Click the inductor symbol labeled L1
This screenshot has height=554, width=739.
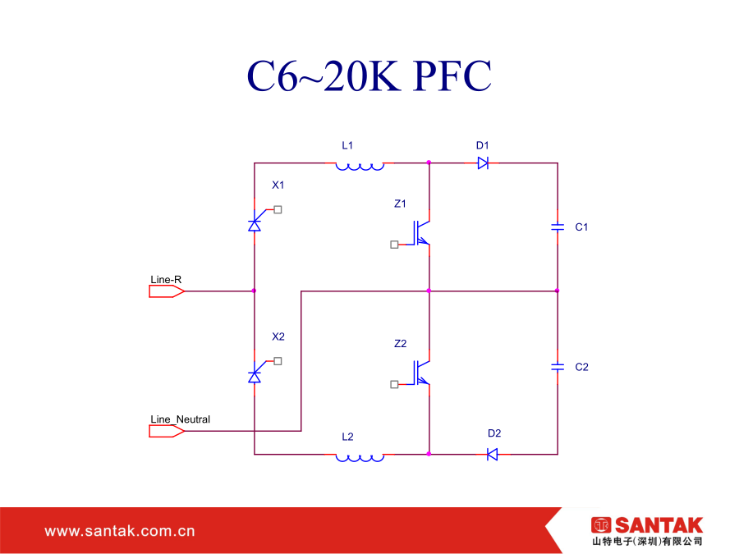click(x=360, y=166)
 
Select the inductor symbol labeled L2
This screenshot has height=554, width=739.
click(x=360, y=457)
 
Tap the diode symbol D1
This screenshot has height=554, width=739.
click(x=483, y=163)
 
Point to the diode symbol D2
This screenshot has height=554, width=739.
click(x=492, y=454)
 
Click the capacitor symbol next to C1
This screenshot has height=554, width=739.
click(x=558, y=227)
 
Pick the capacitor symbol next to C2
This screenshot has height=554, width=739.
click(x=558, y=367)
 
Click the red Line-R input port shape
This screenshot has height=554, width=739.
click(x=167, y=291)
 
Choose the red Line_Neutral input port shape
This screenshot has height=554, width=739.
click(x=167, y=431)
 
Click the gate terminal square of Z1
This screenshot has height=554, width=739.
click(x=394, y=245)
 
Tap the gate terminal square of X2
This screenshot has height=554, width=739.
click(x=278, y=361)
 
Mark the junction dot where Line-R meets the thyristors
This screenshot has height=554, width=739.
click(x=254, y=291)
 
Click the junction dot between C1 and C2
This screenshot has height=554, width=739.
click(x=557, y=291)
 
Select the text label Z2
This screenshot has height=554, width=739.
click(x=400, y=343)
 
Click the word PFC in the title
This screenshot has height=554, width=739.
click(x=452, y=76)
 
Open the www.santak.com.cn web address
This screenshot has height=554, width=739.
click(x=120, y=531)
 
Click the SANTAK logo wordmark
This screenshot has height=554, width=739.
click(x=659, y=524)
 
